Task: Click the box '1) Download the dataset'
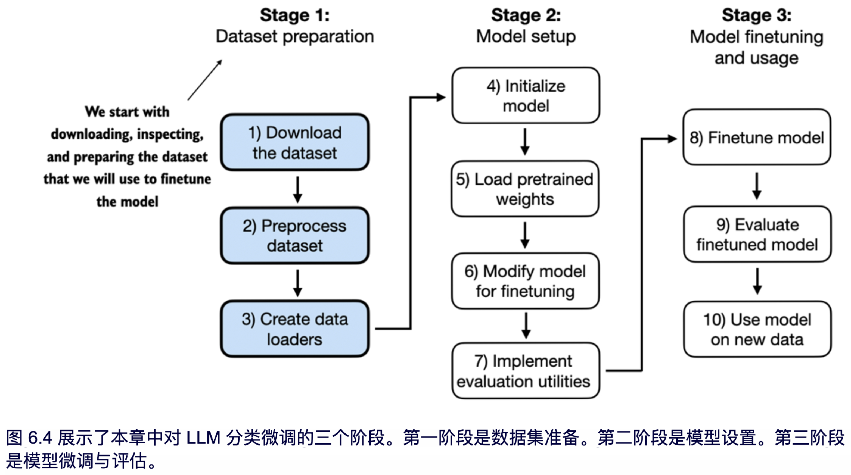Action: (x=295, y=142)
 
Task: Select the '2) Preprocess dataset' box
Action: (x=295, y=235)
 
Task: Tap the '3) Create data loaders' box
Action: (x=295, y=329)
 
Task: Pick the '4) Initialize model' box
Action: (x=526, y=96)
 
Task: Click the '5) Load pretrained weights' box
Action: (x=525, y=189)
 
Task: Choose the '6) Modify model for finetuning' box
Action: (x=525, y=281)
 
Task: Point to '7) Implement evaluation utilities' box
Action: (x=525, y=371)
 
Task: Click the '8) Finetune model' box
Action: (x=756, y=137)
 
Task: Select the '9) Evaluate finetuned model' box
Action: (x=757, y=234)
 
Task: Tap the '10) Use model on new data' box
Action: (x=757, y=329)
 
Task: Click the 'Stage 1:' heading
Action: (x=295, y=15)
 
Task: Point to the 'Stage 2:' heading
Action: (x=526, y=15)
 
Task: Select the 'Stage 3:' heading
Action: (x=756, y=15)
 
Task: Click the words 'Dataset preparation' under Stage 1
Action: (x=295, y=36)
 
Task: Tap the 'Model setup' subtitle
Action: (x=526, y=36)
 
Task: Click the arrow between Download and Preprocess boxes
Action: (x=298, y=189)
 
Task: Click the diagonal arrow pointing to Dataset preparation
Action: (x=205, y=80)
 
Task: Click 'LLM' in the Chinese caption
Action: (x=203, y=438)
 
